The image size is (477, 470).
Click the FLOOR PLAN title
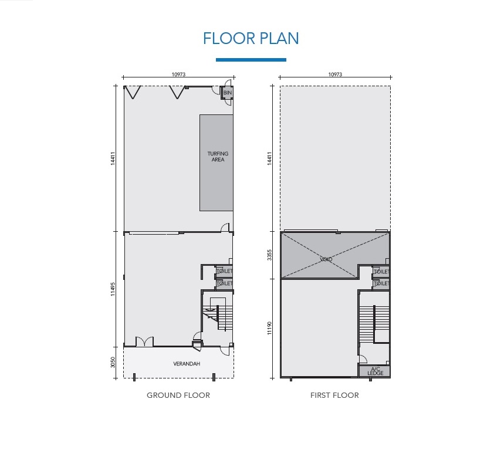click(x=251, y=39)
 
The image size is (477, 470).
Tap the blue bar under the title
click(x=251, y=60)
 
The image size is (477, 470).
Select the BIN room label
click(x=228, y=93)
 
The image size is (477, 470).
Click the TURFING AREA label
click(x=218, y=156)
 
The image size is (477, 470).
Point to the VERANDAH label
click(x=187, y=364)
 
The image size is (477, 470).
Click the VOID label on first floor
click(x=326, y=259)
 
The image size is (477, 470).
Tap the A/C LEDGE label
click(x=375, y=371)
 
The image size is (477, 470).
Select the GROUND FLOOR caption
click(x=178, y=395)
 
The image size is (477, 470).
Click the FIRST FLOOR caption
click(x=334, y=395)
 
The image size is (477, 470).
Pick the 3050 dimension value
click(x=113, y=362)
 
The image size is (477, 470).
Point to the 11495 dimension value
click(x=113, y=289)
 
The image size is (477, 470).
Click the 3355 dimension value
click(x=269, y=255)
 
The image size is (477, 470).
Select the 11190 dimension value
click(x=269, y=328)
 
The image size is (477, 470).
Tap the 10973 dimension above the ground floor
click(x=178, y=75)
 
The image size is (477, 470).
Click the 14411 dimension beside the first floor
click(x=269, y=158)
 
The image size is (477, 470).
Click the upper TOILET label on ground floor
click(x=224, y=270)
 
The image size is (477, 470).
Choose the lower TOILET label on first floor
click(x=381, y=283)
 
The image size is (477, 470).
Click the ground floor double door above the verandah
click(x=144, y=341)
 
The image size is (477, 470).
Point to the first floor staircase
click(x=374, y=324)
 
